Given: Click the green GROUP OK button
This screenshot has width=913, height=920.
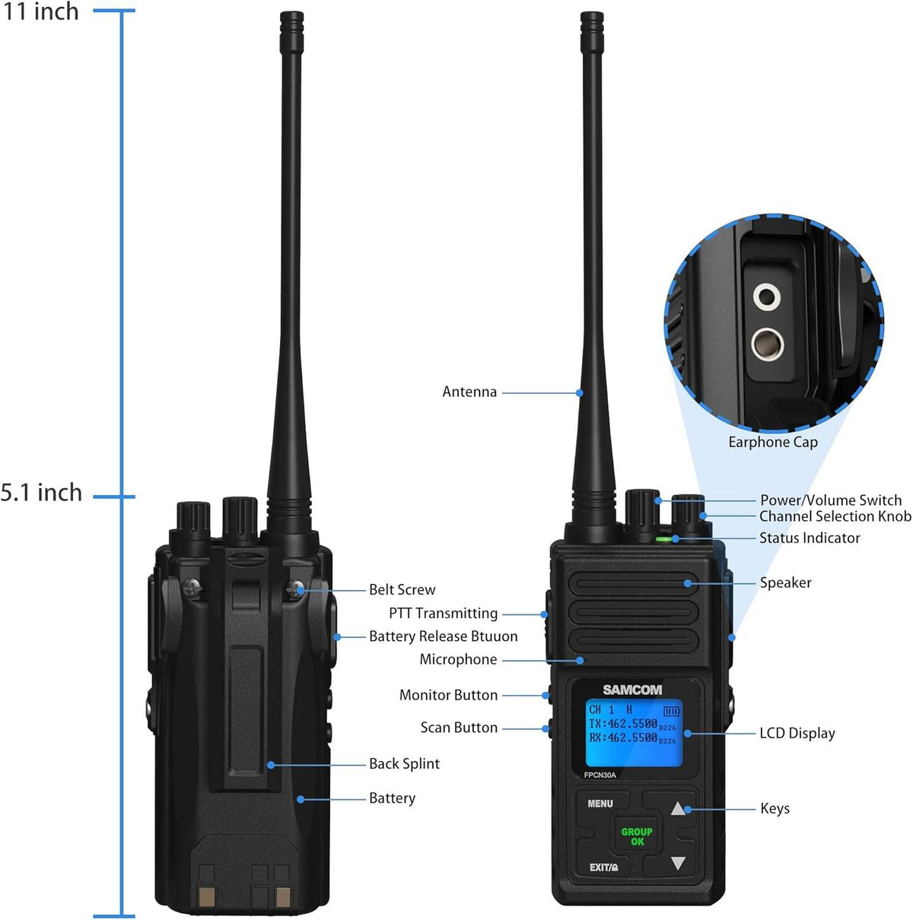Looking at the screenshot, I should click(x=637, y=836).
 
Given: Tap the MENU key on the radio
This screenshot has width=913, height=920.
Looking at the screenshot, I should click(x=600, y=804).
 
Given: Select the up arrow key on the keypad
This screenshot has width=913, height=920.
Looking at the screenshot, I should click(x=678, y=808).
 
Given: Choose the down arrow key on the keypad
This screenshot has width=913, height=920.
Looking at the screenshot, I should click(x=678, y=863).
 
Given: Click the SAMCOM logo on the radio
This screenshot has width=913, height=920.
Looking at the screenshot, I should click(x=632, y=690).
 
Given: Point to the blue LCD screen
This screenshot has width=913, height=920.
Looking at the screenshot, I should click(x=633, y=733).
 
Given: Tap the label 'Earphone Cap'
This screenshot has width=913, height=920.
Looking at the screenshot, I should click(x=773, y=443).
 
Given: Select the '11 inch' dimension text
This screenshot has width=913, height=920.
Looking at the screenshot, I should click(x=41, y=11).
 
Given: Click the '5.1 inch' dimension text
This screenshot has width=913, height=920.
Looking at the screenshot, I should click(x=41, y=493).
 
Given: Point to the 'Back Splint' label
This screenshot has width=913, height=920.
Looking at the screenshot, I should click(x=404, y=764).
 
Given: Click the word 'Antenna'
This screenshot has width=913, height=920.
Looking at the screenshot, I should click(x=469, y=392).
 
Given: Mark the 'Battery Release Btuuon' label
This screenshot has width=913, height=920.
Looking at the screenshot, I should click(x=443, y=636).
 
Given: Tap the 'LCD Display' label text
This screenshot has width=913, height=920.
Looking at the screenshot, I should click(x=797, y=734).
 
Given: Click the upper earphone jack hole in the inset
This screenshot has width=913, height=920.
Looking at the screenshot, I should click(x=767, y=296).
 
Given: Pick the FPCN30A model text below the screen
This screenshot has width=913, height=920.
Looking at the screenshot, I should click(x=600, y=776).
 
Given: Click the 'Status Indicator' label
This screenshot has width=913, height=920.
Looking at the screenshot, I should click(x=810, y=538).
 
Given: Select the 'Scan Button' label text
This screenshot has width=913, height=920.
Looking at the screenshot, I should click(x=459, y=728).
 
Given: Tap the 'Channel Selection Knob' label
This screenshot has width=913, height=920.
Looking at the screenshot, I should click(x=835, y=516).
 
